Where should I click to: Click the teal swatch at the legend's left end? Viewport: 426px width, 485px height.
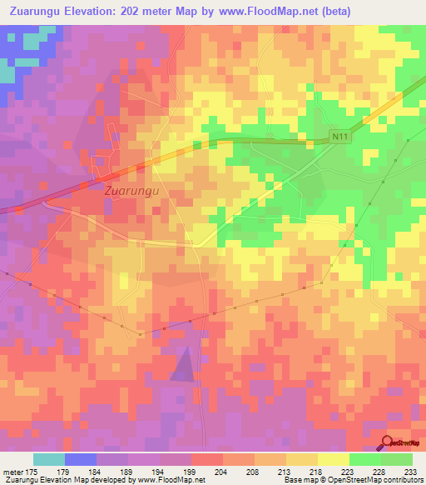pos(49,459)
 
